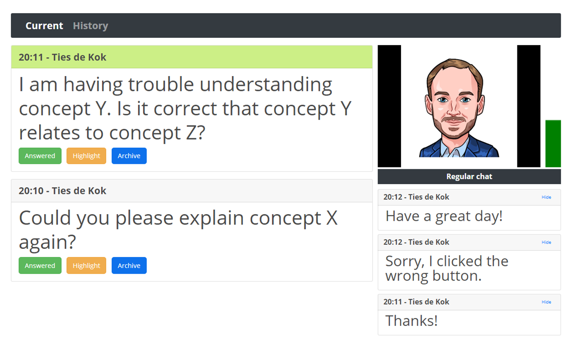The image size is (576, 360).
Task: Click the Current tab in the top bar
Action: pyautogui.click(x=44, y=26)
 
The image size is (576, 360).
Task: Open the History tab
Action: pyautogui.click(x=90, y=26)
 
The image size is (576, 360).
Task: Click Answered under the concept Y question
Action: pyautogui.click(x=40, y=156)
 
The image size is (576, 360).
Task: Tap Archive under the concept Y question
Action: pyautogui.click(x=129, y=156)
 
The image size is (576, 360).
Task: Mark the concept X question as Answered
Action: pyautogui.click(x=40, y=265)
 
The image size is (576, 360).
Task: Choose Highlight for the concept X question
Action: pyautogui.click(x=86, y=265)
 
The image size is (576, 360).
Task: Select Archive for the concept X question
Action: pyautogui.click(x=129, y=265)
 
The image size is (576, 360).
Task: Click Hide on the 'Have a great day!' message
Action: pyautogui.click(x=546, y=197)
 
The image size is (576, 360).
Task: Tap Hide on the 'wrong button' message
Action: pyautogui.click(x=546, y=242)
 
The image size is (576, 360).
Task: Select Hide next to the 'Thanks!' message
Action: pyautogui.click(x=546, y=302)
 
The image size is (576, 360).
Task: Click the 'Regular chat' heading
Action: pyautogui.click(x=469, y=176)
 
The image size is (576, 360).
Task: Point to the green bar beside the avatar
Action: pyautogui.click(x=553, y=144)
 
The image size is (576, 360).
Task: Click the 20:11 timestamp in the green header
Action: pyautogui.click(x=31, y=57)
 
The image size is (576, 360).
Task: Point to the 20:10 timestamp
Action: pyautogui.click(x=31, y=191)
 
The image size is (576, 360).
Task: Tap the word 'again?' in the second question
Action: pyautogui.click(x=48, y=242)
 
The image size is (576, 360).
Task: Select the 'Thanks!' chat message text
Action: pyautogui.click(x=411, y=321)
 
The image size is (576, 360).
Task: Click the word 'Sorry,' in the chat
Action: pyautogui.click(x=405, y=261)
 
